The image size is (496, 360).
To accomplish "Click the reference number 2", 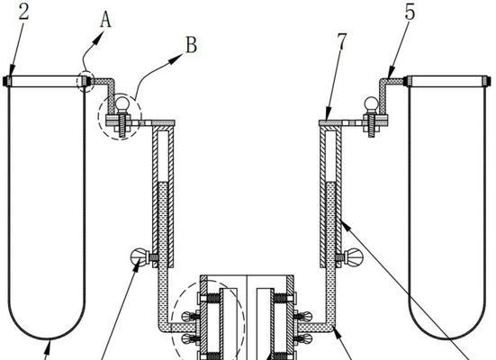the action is coord(23,12).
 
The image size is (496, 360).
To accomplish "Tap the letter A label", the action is coord(106,21).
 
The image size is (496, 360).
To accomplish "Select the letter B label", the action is coord(191,45).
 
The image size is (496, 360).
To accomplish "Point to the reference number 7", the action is coord(342,41).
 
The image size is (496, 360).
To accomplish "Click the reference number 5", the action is coord(410,13).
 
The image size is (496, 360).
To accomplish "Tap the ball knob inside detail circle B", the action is coord(122,103).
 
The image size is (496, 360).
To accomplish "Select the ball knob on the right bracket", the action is coord(372,103).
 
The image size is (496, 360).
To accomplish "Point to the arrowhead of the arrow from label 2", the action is coord(12,71).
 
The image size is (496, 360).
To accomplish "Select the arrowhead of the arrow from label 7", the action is coord(328,114).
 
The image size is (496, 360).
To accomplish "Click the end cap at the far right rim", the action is coord(489,81).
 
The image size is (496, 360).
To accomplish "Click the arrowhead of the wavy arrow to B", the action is coord(176,58).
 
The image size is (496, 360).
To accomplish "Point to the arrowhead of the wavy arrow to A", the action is coord(100,37).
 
